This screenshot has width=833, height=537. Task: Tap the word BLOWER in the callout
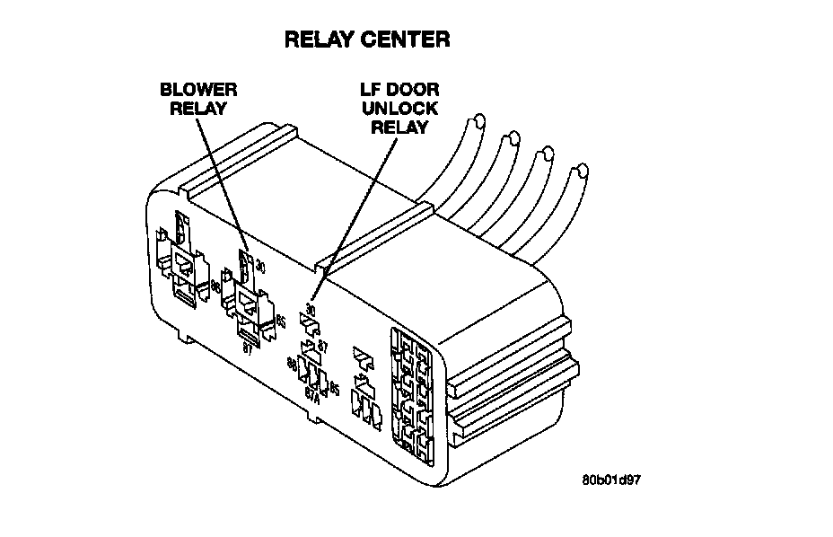pyautogui.click(x=198, y=90)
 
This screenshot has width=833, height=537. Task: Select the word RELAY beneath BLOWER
pyautogui.click(x=198, y=108)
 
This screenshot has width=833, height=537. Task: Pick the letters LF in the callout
pyautogui.click(x=370, y=90)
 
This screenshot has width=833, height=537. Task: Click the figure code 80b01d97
pyautogui.click(x=611, y=479)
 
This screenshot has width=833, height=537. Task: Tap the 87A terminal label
pyautogui.click(x=311, y=392)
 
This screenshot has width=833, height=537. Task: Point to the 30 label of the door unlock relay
pyautogui.click(x=311, y=309)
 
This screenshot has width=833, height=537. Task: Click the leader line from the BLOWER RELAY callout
pyautogui.click(x=221, y=180)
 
